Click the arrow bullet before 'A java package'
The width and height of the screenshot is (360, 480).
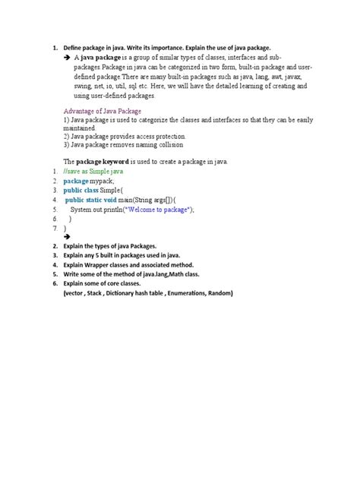coord(68,57)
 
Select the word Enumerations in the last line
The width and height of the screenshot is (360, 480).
coord(182,293)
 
